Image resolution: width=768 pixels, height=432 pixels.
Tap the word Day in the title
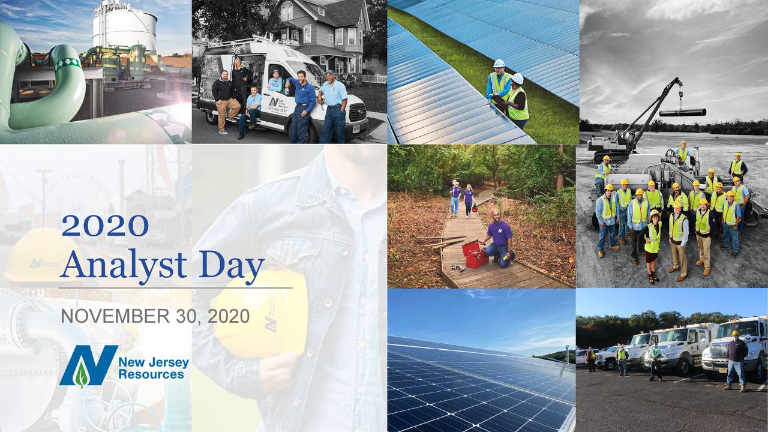(232, 266)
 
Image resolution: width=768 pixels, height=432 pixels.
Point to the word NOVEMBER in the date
(107, 316)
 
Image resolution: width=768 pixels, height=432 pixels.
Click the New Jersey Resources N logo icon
(86, 366)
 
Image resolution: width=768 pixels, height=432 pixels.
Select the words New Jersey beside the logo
(154, 362)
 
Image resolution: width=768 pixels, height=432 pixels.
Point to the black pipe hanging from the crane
(682, 112)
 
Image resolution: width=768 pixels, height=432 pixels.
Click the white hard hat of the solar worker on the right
(518, 79)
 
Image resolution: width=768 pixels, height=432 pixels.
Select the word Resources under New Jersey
(151, 374)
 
